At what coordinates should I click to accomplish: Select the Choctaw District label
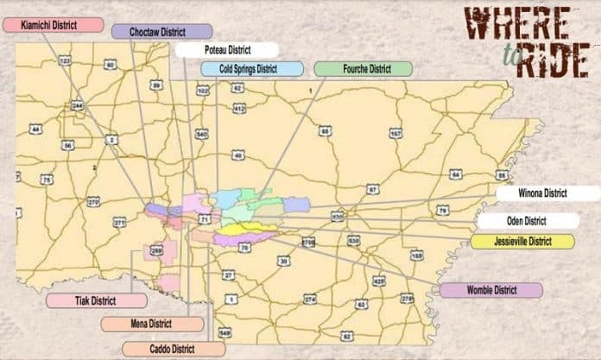(161, 32)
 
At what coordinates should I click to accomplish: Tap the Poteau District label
(227, 50)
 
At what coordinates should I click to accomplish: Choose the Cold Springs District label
(252, 68)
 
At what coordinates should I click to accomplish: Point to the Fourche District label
(356, 68)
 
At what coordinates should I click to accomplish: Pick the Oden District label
(525, 220)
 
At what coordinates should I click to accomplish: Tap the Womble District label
(490, 290)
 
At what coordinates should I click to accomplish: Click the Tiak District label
(94, 301)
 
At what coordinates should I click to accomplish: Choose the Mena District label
(149, 324)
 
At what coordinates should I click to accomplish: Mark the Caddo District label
(173, 348)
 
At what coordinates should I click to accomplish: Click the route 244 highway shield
(77, 104)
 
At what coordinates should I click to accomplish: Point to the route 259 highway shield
(156, 250)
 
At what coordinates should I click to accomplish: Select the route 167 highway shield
(395, 134)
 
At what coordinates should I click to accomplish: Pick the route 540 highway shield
(202, 134)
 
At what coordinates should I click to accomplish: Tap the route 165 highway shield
(417, 256)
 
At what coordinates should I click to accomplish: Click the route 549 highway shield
(225, 332)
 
